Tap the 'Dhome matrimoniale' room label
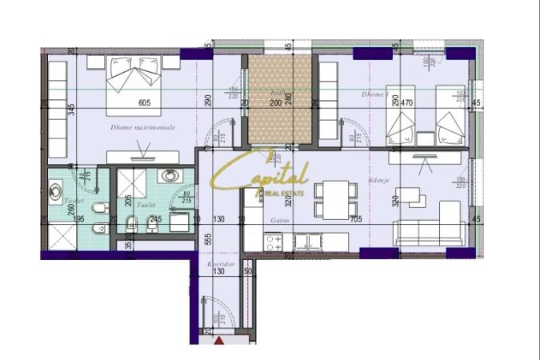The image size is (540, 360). pos(143,127)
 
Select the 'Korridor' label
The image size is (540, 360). pos(218,263)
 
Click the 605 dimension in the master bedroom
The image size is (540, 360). pos(145,102)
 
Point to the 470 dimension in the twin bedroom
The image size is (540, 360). pos(406,102)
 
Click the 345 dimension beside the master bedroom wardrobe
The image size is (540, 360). pos(71,110)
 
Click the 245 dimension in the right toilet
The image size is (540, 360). pos(157,219)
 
